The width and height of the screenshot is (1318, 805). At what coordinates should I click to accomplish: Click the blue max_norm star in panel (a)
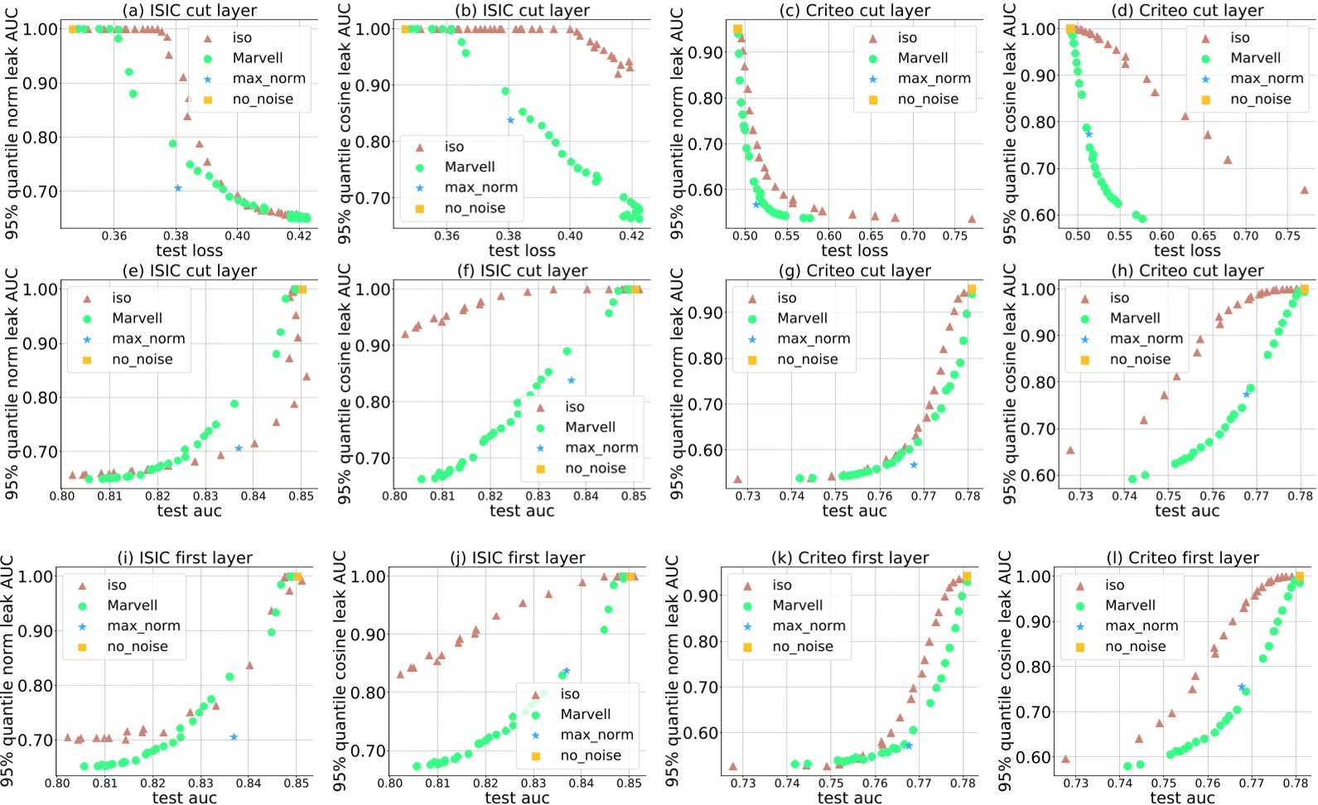point(177,188)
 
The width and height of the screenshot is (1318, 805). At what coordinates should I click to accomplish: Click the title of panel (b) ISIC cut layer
point(522,11)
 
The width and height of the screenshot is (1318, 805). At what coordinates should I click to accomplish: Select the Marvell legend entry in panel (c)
point(922,58)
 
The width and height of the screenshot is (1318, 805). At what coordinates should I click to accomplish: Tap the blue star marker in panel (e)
point(239,448)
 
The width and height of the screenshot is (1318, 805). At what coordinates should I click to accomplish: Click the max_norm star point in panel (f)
point(572,380)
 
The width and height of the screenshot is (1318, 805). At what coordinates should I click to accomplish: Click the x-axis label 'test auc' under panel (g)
point(854,511)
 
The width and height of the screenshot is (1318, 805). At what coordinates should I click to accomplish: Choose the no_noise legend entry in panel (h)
point(1140,359)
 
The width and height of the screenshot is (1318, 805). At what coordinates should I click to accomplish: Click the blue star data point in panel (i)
point(234,736)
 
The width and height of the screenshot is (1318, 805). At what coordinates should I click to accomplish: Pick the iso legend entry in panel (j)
point(570,694)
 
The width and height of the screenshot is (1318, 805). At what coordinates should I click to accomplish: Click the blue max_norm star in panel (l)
point(1242,687)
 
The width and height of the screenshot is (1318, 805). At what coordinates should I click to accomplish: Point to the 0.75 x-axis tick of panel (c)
point(954,236)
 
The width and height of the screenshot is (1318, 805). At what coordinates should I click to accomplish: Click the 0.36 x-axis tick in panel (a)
point(114,236)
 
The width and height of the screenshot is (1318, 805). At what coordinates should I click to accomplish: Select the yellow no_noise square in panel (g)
point(971,290)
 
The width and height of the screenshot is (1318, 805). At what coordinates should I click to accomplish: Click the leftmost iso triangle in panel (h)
point(1069,450)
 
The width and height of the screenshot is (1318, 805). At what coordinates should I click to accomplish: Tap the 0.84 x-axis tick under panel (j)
point(582,783)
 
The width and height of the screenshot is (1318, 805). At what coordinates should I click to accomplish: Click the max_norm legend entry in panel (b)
point(480,188)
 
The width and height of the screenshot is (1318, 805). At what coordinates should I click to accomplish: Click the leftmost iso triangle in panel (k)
point(732,766)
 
